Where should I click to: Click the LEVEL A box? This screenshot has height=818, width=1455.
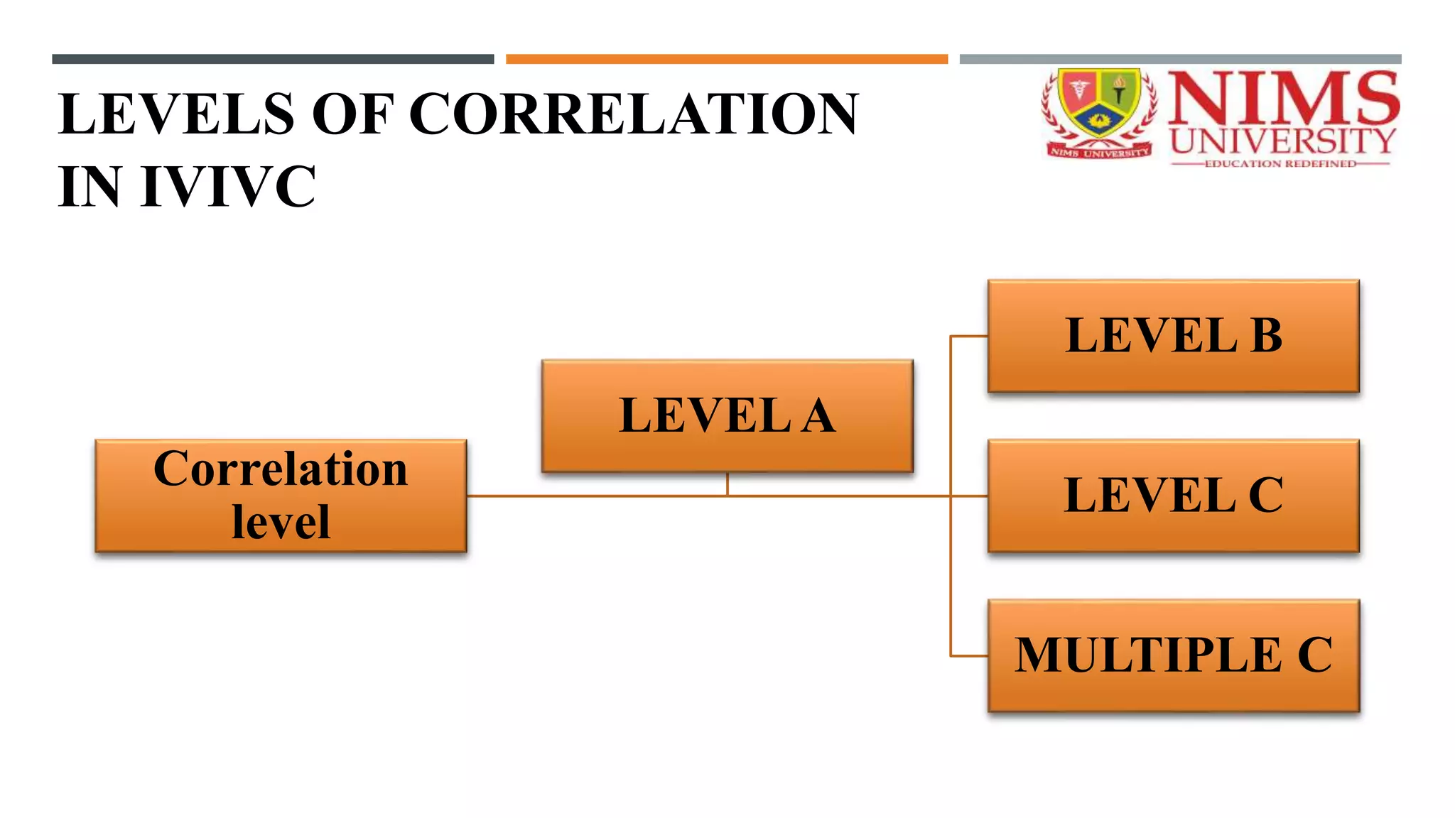point(727,416)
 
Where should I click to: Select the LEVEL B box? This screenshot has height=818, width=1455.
point(1173,336)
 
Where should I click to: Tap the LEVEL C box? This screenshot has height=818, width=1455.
point(1173,496)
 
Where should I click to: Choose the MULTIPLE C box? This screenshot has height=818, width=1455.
point(1173,655)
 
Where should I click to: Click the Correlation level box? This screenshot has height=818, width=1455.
point(281,496)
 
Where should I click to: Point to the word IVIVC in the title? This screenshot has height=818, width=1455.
point(228,187)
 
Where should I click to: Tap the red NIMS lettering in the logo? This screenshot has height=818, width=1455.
point(1283,98)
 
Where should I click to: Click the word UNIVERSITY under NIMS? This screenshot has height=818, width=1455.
point(1283,141)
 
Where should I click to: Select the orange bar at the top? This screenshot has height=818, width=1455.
point(727,60)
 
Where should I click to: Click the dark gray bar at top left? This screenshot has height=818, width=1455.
point(273,60)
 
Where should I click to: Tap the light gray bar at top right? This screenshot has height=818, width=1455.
point(1180,60)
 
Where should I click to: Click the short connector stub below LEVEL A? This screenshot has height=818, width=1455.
point(727,484)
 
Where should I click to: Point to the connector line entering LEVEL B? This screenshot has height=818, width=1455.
point(969,336)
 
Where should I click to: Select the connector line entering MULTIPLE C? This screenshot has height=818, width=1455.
point(969,655)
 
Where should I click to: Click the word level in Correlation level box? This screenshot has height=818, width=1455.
point(281,523)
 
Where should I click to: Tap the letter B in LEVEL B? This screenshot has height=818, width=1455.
point(1266,336)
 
